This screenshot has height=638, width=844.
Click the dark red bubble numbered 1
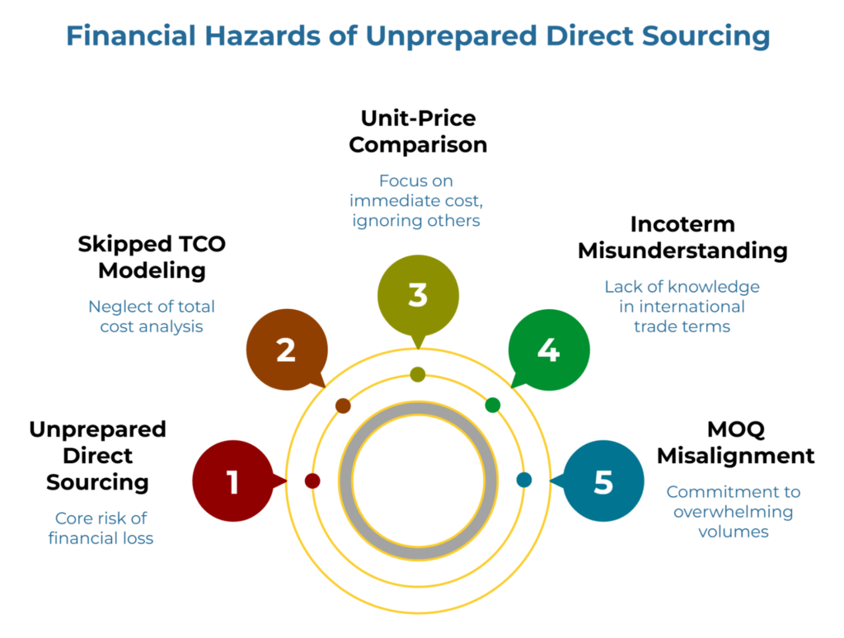pyautogui.click(x=232, y=481)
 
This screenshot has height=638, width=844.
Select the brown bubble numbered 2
pyautogui.click(x=286, y=350)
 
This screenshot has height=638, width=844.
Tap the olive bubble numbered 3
pyautogui.click(x=417, y=294)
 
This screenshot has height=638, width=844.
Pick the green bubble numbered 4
pyautogui.click(x=548, y=350)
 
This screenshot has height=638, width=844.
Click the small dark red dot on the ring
pyautogui.click(x=312, y=481)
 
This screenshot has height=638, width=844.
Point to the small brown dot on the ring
pyautogui.click(x=344, y=406)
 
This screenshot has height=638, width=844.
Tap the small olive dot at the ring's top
pyautogui.click(x=418, y=374)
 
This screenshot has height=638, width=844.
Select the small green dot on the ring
pyautogui.click(x=493, y=405)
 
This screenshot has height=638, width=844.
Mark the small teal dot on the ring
pyautogui.click(x=524, y=480)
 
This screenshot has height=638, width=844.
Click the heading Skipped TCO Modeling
pyautogui.click(x=152, y=257)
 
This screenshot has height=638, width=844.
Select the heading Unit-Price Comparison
pyautogui.click(x=418, y=131)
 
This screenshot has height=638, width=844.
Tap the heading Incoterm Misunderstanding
pyautogui.click(x=682, y=237)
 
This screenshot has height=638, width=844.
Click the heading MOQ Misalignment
pyautogui.click(x=736, y=443)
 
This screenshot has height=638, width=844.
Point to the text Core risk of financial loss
pyautogui.click(x=101, y=528)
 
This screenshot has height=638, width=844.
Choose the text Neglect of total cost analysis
pyautogui.click(x=152, y=317)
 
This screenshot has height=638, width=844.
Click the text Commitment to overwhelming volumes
pyautogui.click(x=733, y=511)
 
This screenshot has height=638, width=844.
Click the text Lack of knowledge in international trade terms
pyautogui.click(x=682, y=306)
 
